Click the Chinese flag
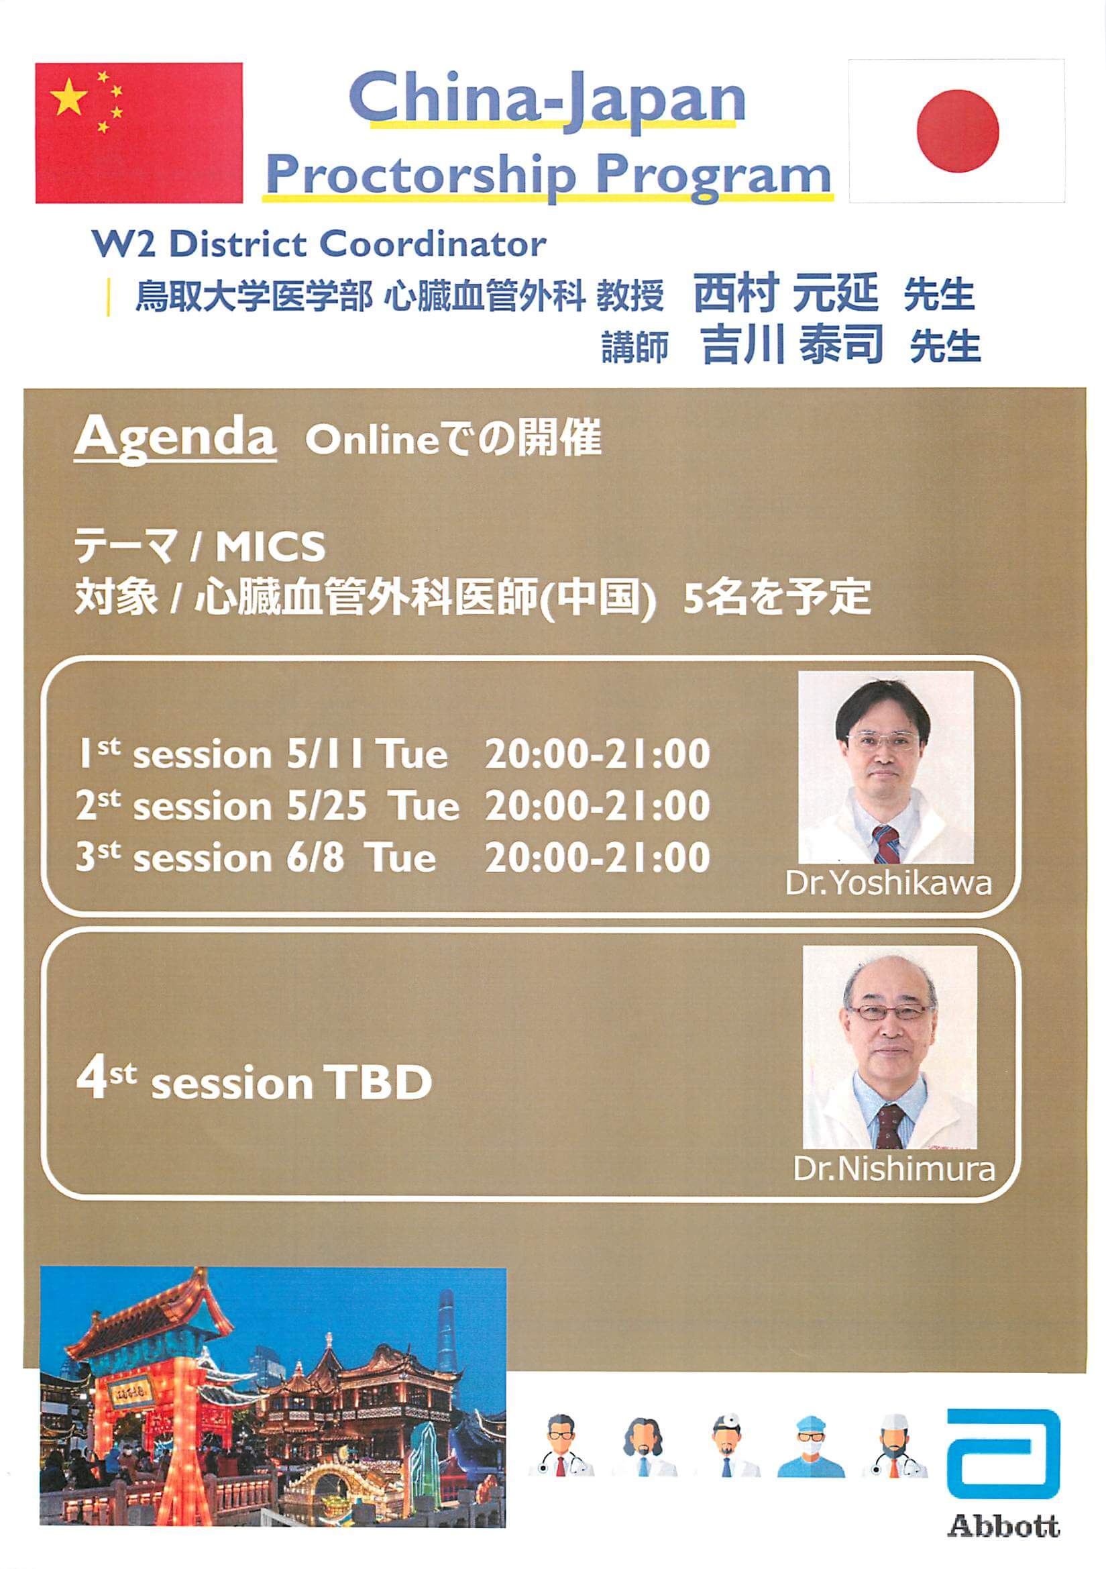coord(139,134)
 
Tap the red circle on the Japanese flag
coord(957,130)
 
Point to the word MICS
coord(270,548)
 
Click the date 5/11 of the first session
coord(325,755)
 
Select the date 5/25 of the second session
coord(327,807)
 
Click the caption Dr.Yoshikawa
coord(888,884)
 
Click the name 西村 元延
coord(785,293)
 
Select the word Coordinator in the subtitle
coord(433,244)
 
